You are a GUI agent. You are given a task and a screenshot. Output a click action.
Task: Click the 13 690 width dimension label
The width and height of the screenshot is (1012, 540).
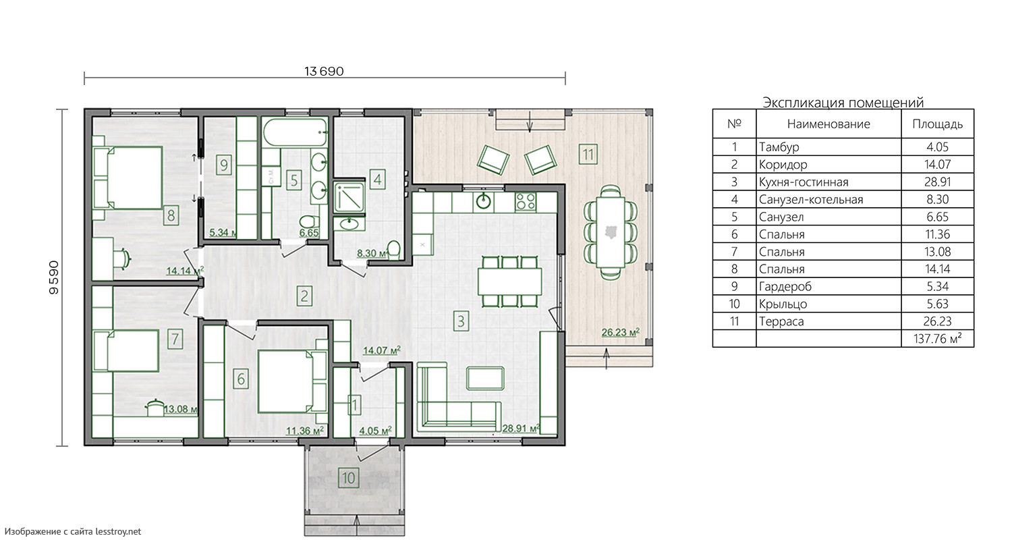[x=324, y=72]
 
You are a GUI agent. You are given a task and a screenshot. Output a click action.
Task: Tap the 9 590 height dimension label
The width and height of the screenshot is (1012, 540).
[x=54, y=277]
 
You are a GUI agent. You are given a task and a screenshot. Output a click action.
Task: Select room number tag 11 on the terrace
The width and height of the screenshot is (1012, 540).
[x=588, y=155]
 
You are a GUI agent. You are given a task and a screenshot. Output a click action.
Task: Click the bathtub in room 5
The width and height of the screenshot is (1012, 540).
[x=295, y=132]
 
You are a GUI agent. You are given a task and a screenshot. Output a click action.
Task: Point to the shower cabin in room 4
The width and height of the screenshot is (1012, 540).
[x=349, y=196]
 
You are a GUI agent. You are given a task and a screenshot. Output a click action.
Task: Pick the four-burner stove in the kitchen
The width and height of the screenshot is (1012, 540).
[x=526, y=202]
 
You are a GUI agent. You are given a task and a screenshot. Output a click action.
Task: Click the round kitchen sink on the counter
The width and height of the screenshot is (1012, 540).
[x=484, y=202]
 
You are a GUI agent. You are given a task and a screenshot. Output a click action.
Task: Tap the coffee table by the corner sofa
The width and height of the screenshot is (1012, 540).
[x=485, y=378]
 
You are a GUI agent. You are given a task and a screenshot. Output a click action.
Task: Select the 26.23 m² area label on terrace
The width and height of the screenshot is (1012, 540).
[x=620, y=333]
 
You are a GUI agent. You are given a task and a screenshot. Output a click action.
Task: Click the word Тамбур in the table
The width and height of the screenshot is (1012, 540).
[x=779, y=147]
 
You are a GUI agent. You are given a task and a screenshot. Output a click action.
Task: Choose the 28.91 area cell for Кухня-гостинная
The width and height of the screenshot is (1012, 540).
[x=938, y=182]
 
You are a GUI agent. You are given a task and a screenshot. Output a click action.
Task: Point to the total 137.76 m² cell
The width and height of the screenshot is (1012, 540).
[x=938, y=338]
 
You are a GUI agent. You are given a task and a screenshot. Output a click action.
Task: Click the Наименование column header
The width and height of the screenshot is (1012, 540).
[x=828, y=124]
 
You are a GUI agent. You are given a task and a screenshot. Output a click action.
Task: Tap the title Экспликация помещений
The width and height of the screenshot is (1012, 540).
[x=843, y=103]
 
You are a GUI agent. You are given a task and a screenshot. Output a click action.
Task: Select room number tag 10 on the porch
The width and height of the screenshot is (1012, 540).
[x=348, y=478]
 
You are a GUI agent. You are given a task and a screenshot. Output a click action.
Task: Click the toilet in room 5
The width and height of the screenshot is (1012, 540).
[x=308, y=222]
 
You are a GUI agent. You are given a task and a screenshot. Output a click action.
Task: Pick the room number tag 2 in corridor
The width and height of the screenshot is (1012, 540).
[x=304, y=296]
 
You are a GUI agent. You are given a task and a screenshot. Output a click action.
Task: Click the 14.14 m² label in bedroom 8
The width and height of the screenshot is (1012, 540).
[x=186, y=271]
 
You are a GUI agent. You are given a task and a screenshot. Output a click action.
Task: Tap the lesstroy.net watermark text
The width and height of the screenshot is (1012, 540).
[x=73, y=531]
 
